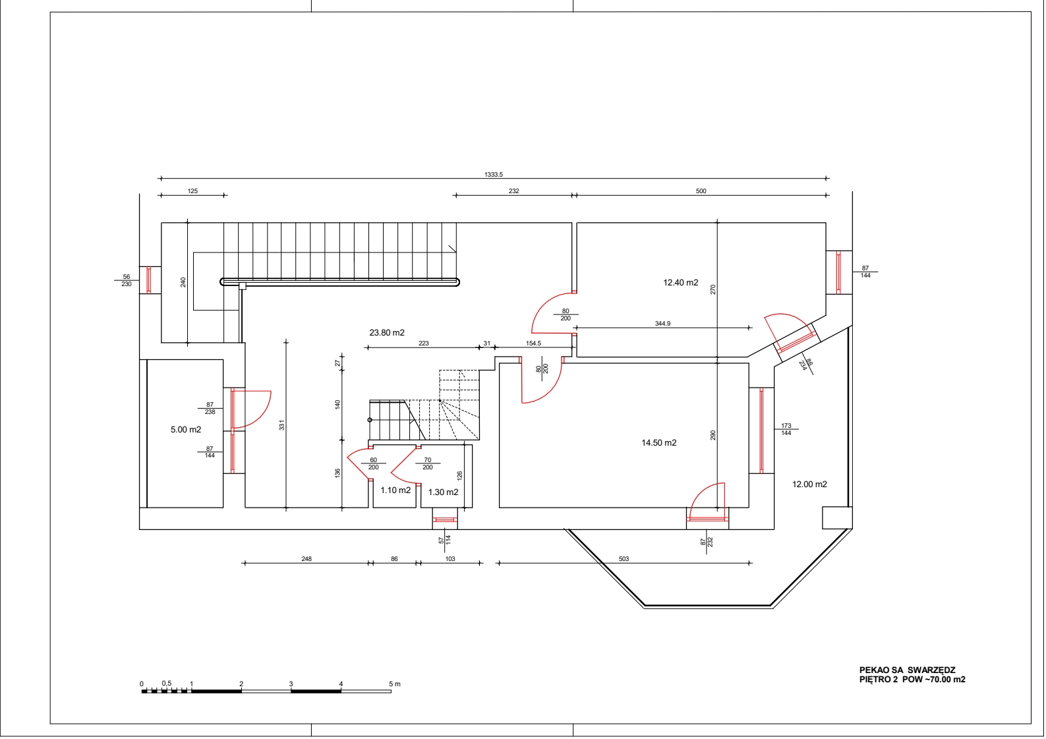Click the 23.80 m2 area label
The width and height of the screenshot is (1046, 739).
point(387,333)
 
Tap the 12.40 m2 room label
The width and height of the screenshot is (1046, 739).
point(681,283)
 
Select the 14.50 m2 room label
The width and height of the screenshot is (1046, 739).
point(659,443)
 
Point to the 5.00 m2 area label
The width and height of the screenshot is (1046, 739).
point(186,430)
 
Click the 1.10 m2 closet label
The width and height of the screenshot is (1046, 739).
point(395,490)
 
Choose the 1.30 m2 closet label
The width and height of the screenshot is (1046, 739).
point(443,492)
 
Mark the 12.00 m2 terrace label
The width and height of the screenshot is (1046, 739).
point(810,485)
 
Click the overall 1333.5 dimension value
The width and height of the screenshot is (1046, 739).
point(494,175)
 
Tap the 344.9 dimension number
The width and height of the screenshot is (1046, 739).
point(662,324)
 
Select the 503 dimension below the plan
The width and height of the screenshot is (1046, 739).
point(624,559)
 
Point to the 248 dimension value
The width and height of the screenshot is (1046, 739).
point(306,559)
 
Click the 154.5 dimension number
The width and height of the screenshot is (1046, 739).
point(533,343)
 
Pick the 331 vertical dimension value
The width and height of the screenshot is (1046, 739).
point(281,426)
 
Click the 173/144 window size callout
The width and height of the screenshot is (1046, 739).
point(786,429)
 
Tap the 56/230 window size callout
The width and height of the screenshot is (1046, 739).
point(127,280)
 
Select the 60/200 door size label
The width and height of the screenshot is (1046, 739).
point(374,464)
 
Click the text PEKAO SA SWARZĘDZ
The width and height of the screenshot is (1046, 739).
point(908,670)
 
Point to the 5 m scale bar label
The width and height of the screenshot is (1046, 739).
point(395,684)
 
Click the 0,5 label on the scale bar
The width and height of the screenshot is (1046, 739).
point(167,684)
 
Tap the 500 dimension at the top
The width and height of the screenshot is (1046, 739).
point(701,191)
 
